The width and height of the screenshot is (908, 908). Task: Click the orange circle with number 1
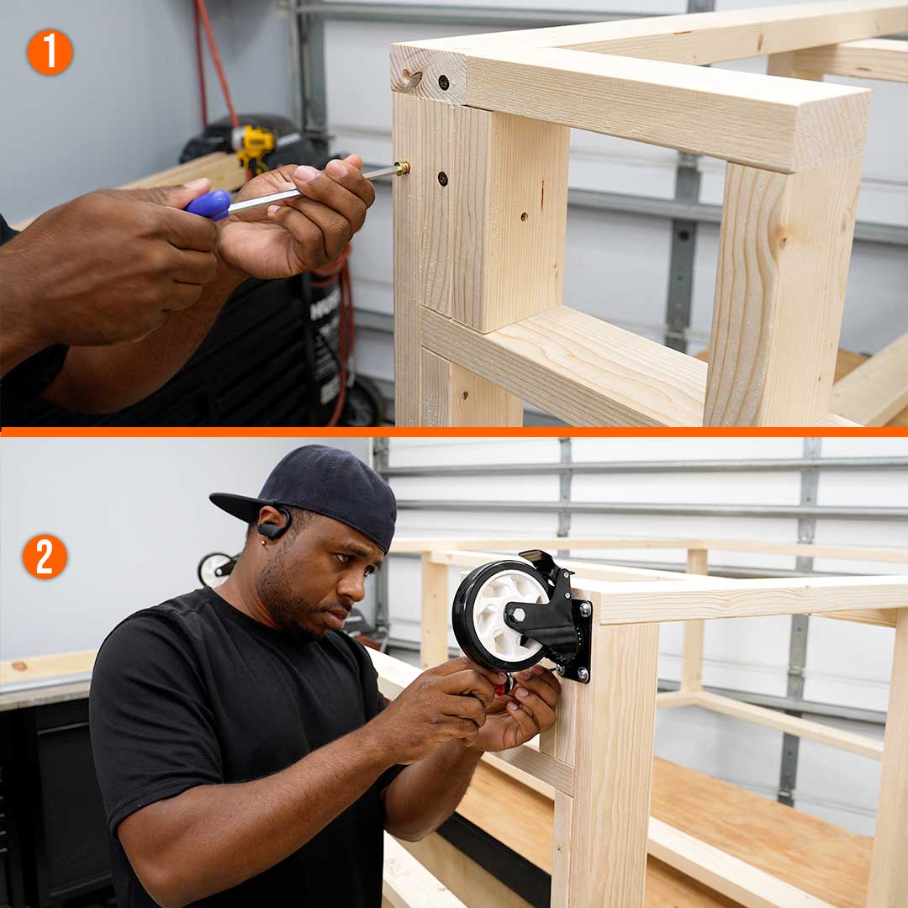50,52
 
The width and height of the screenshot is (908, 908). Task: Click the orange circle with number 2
45,557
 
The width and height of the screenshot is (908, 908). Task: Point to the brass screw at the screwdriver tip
403,168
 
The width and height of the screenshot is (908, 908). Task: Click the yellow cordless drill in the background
254,145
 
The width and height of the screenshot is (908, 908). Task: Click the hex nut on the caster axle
517,615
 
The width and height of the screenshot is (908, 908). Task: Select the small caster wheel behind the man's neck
214,570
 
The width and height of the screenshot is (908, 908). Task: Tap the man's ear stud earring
264,542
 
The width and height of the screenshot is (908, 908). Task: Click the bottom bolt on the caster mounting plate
583,673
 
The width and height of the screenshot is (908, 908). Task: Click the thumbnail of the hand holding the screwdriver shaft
306,173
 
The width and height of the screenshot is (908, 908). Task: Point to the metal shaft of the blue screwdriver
313,186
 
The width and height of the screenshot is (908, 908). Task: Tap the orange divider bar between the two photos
454,432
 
